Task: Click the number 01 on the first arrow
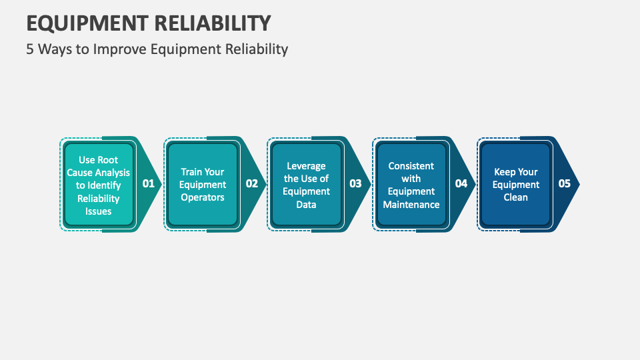pyautogui.click(x=148, y=183)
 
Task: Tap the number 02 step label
pyautogui.click(x=251, y=183)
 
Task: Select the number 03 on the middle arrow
pyautogui.click(x=355, y=183)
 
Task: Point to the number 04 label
pyautogui.click(x=461, y=183)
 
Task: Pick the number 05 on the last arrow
pyautogui.click(x=564, y=183)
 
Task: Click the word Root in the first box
pyautogui.click(x=108, y=160)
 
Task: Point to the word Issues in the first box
pyautogui.click(x=99, y=211)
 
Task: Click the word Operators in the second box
pyautogui.click(x=203, y=197)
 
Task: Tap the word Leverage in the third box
pyautogui.click(x=306, y=166)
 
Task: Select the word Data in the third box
pyautogui.click(x=306, y=204)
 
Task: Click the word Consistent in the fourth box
pyautogui.click(x=411, y=166)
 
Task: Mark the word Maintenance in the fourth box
pyautogui.click(x=411, y=204)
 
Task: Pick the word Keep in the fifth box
pyautogui.click(x=505, y=172)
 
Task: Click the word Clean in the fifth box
pyautogui.click(x=515, y=197)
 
